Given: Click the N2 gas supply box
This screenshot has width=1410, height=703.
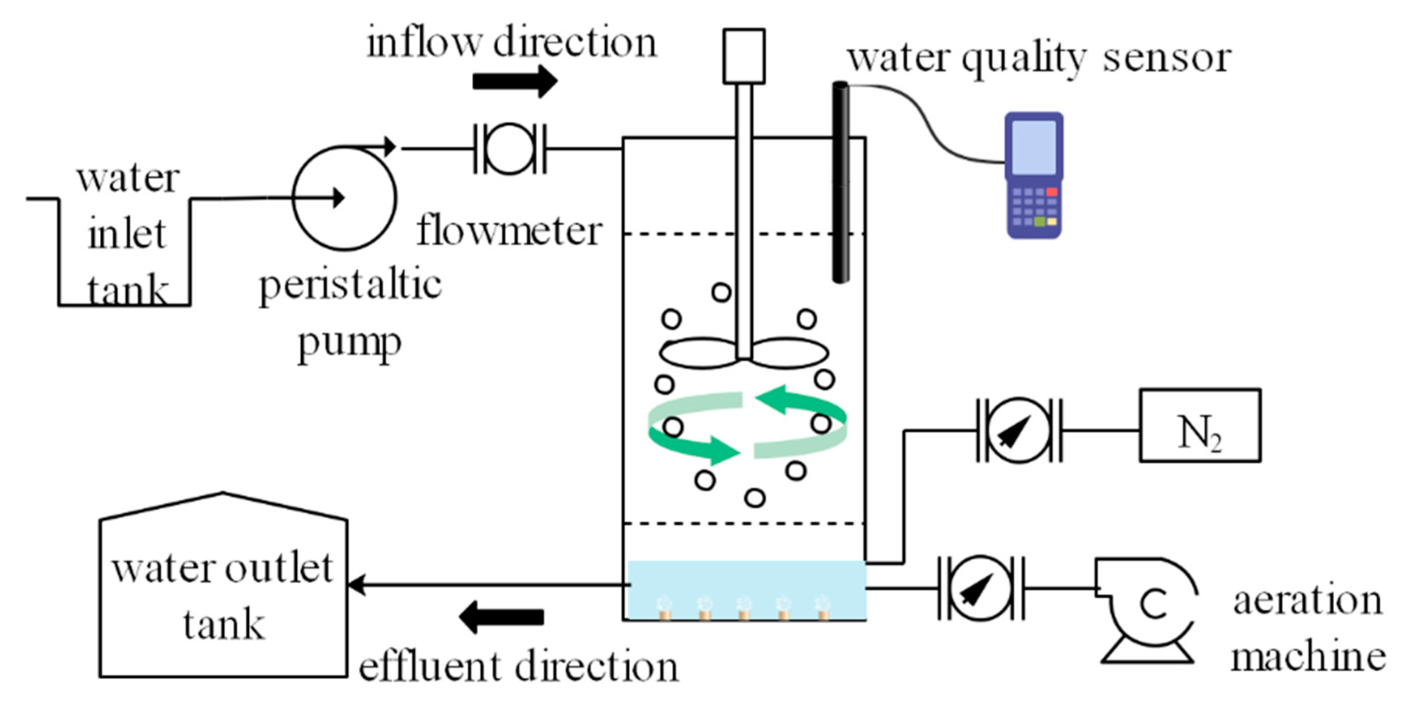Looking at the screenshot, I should pos(1200,426).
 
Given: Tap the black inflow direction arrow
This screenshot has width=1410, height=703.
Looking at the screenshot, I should pos(514,82).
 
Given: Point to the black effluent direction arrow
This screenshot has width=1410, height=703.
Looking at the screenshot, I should pos(501,616).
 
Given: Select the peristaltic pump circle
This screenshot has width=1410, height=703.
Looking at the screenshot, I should pos(344,198).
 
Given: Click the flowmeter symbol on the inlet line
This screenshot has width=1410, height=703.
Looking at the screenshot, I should pos(510,149).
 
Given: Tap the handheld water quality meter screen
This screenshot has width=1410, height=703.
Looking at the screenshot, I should pos(1034,147).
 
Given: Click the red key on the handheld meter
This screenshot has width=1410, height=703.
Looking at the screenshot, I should pos(1051,192).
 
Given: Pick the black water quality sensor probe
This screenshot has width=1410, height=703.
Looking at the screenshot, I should pos(841,181).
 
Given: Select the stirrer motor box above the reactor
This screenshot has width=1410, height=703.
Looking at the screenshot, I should pos(744,56).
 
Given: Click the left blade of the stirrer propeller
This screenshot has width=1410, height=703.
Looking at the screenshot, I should pos(698,353).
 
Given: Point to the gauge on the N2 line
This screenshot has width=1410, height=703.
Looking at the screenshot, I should pos(1019,430).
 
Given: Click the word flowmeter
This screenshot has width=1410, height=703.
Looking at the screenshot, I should pos(509,231).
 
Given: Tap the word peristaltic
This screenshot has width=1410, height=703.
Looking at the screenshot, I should pos(350,285).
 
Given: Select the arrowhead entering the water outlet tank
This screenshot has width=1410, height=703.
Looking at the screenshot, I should pos(356,585).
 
